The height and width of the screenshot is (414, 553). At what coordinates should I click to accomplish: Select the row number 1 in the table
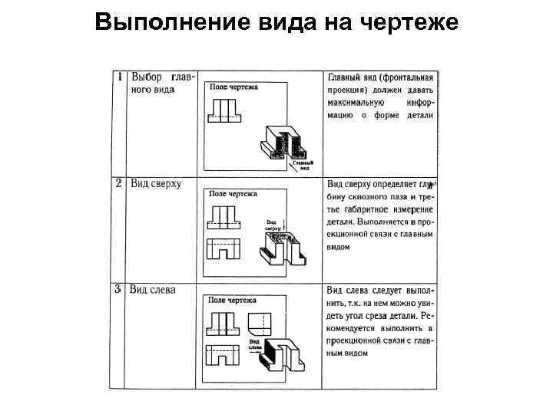[x=120, y=77]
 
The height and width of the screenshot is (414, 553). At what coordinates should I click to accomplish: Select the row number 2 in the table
[x=120, y=183]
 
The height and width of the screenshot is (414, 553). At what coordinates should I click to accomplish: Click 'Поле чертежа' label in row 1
[x=234, y=87]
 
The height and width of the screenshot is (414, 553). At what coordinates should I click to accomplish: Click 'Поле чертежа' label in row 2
[x=234, y=194]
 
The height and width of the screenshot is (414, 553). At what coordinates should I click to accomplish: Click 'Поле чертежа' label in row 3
[x=234, y=300]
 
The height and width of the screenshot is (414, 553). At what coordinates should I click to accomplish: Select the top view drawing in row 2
[x=224, y=249]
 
